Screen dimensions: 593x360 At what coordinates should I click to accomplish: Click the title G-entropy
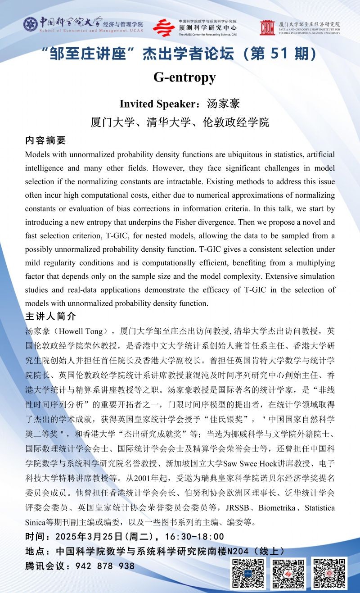[184, 77]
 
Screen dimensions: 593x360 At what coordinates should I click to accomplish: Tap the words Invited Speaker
[156, 104]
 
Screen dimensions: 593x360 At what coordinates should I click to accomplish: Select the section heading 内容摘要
[45, 140]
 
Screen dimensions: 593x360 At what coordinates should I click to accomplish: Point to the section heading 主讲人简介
[51, 316]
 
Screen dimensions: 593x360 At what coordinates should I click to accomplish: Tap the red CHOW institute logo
[267, 28]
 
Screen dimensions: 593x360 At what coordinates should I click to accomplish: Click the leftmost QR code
[247, 574]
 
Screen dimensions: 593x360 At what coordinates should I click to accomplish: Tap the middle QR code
[288, 574]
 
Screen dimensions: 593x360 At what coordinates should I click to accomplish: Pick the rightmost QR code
[329, 574]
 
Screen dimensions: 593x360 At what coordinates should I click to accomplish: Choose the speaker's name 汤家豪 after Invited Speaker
[224, 104]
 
